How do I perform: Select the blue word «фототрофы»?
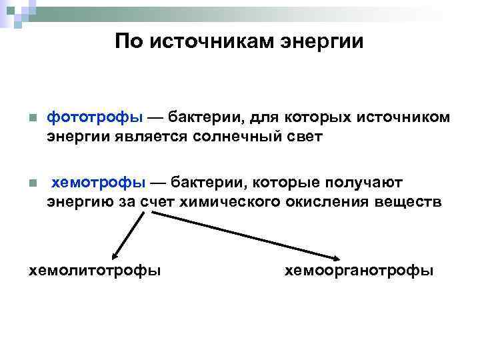point(95,117)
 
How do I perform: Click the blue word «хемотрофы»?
point(98,182)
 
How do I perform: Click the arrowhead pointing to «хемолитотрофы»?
point(115,255)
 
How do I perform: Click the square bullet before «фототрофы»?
point(31,119)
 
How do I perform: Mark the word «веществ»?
point(408,202)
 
